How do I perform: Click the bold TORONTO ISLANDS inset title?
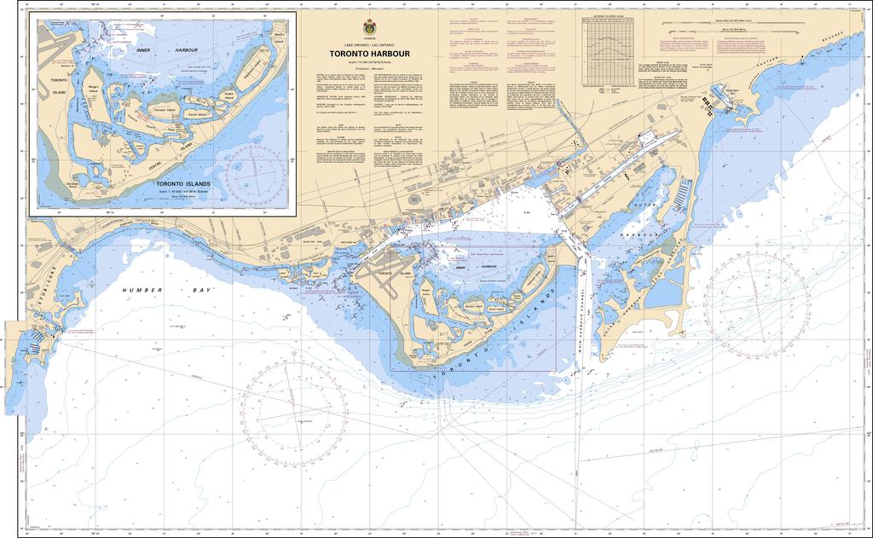[x=182, y=183]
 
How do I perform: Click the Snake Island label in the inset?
[x=228, y=95]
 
